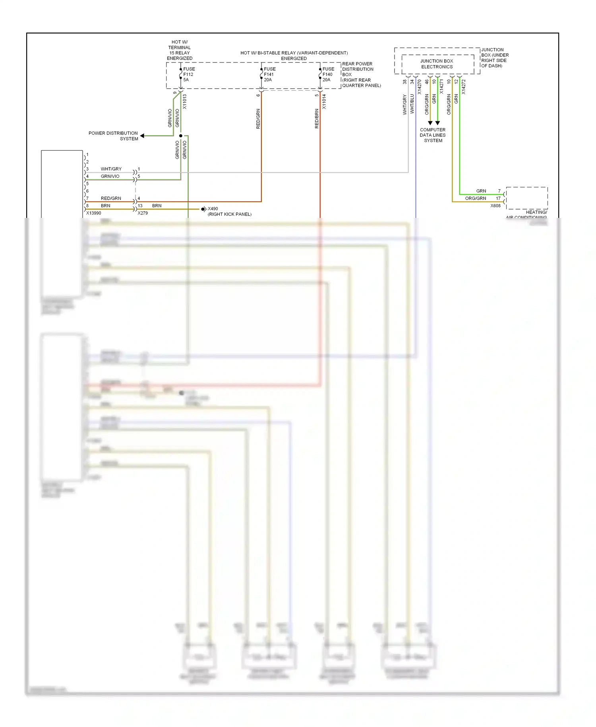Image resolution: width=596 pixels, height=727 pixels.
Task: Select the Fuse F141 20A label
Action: pyautogui.click(x=269, y=74)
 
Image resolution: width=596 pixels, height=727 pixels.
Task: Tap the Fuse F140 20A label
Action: pyautogui.click(x=328, y=74)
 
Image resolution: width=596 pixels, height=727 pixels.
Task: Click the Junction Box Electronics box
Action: pyautogui.click(x=437, y=64)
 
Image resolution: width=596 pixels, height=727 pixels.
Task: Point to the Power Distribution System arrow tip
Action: pyautogui.click(x=142, y=136)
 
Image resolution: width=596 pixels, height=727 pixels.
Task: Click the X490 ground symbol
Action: pyautogui.click(x=203, y=209)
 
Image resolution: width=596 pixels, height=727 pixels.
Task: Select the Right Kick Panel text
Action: pyautogui.click(x=230, y=214)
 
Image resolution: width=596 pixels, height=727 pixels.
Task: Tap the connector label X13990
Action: pyautogui.click(x=94, y=213)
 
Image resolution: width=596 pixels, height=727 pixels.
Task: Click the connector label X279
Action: pyautogui.click(x=143, y=213)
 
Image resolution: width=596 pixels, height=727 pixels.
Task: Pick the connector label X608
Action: pyautogui.click(x=495, y=206)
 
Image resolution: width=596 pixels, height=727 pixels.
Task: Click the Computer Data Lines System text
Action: pyautogui.click(x=433, y=135)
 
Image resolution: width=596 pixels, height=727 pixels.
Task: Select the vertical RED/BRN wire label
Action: pyautogui.click(x=317, y=119)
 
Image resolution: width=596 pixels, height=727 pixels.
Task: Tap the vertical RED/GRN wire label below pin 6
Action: pyautogui.click(x=258, y=119)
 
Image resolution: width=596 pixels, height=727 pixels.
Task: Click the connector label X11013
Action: pyautogui.click(x=184, y=102)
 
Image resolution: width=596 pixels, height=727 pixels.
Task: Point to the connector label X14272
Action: pyautogui.click(x=464, y=87)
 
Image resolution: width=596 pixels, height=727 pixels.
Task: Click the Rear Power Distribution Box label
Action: pyautogui.click(x=361, y=75)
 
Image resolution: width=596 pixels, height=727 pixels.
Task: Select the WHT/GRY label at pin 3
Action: pyautogui.click(x=111, y=169)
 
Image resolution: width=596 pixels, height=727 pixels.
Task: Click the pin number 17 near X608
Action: pyautogui.click(x=498, y=198)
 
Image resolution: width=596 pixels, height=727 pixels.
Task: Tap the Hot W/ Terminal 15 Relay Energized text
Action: pyautogui.click(x=179, y=50)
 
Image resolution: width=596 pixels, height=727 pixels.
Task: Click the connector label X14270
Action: pyautogui.click(x=419, y=87)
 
